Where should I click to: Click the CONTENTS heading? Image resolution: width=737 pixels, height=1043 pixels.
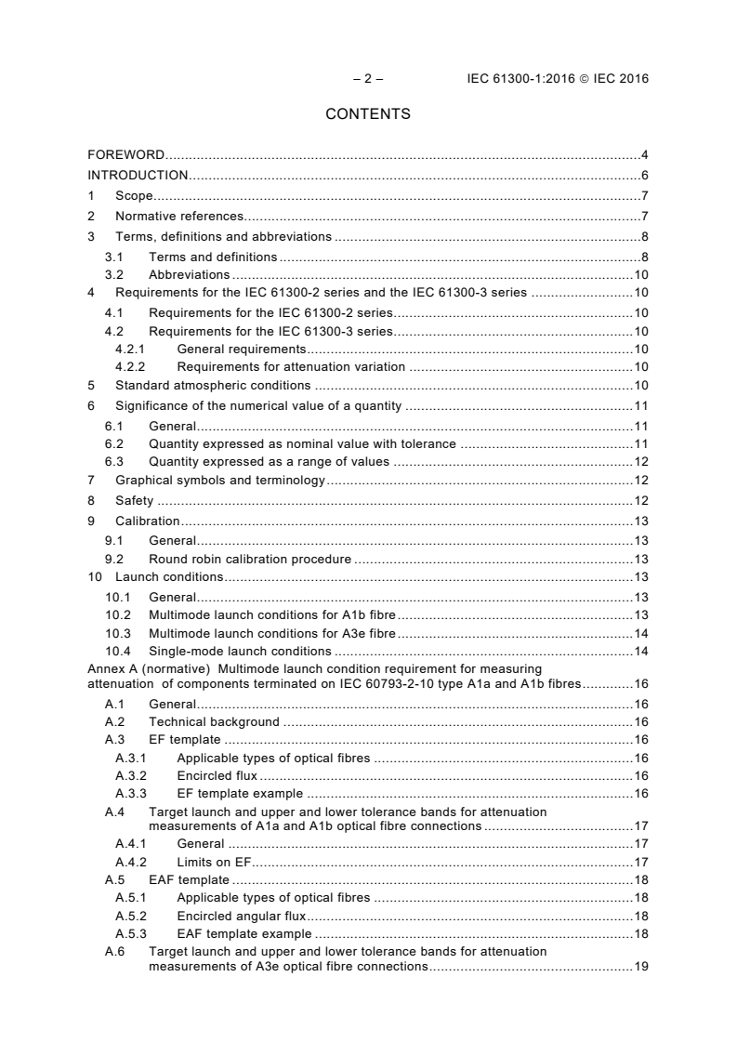coord(368,114)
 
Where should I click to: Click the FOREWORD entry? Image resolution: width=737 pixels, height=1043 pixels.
coord(126,154)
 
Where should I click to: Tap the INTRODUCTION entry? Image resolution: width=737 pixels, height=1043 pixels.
coord(138,175)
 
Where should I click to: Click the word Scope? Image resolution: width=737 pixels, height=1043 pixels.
coord(134,195)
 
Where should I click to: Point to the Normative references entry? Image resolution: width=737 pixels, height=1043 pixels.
coord(179,216)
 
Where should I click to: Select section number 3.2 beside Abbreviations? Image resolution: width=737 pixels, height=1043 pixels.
coord(115,274)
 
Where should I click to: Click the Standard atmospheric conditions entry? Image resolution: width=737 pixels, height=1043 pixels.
coord(213,385)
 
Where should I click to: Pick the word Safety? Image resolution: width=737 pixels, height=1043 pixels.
coord(134,501)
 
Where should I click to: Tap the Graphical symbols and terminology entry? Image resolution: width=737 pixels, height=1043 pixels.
coord(219,481)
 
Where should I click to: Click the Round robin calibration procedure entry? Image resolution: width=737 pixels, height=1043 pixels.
coord(250,559)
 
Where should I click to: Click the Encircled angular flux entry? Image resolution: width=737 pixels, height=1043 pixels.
coord(241,916)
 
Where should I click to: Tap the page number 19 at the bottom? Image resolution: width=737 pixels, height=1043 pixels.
coord(640,967)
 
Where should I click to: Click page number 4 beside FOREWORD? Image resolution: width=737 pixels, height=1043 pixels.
coord(644,154)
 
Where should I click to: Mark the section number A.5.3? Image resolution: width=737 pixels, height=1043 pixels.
coord(131,933)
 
